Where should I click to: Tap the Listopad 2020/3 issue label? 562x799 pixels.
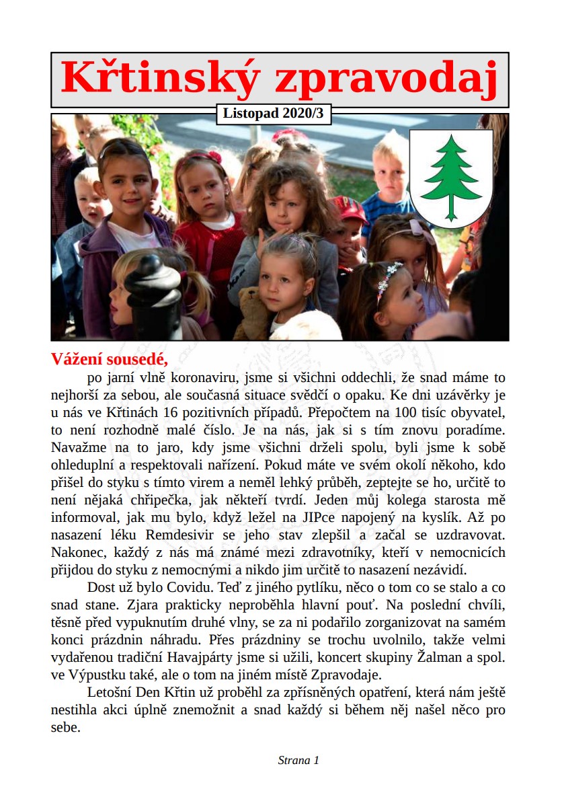pos(274,114)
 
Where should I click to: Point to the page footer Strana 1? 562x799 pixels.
pos(298,760)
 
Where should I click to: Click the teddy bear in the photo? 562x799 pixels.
pos(255,314)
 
